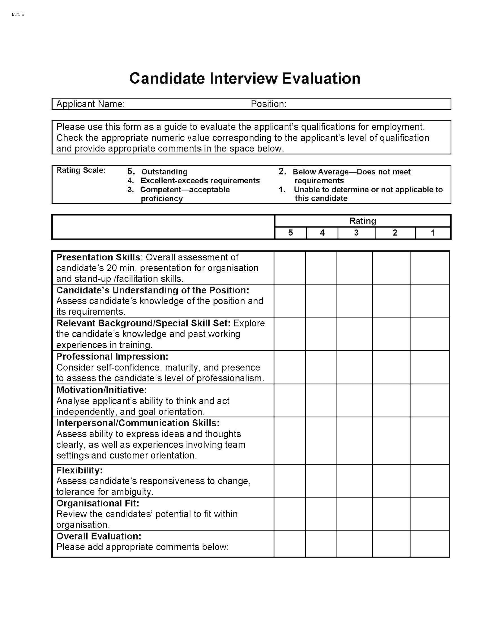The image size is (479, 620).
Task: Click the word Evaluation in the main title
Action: (321, 78)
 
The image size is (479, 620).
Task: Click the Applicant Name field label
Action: (90, 104)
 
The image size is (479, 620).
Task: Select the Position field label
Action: (268, 104)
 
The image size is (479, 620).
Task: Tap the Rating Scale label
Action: (81, 170)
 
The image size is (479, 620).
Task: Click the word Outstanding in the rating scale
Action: (164, 172)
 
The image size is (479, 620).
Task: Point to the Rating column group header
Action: (363, 221)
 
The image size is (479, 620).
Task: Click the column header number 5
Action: (290, 233)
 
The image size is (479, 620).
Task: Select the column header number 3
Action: (356, 233)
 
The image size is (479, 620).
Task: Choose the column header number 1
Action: (433, 233)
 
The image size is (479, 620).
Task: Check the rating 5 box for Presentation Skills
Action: (290, 268)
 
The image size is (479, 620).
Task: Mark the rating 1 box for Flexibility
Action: (430, 481)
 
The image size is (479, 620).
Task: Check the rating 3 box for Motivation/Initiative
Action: (354, 400)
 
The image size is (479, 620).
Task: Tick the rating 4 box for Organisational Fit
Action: (321, 513)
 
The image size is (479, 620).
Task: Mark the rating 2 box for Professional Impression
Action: (391, 367)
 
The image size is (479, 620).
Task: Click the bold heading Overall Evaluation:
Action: (99, 536)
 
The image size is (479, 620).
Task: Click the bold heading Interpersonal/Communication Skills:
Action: (138, 423)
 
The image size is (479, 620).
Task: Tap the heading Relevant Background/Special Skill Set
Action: (143, 323)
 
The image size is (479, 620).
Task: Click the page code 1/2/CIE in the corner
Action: (18, 14)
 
